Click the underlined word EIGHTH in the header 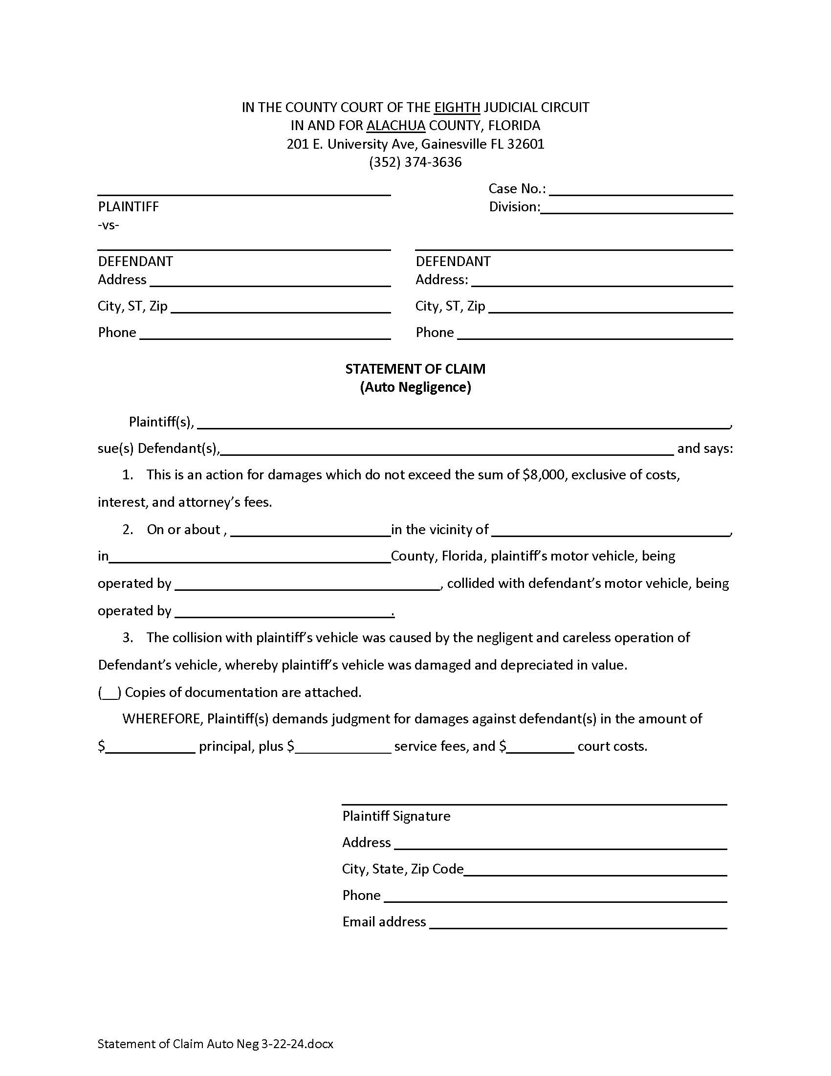point(457,108)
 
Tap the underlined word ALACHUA point(396,126)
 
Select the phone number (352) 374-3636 point(415,162)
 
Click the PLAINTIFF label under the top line point(129,206)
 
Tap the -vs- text point(109,225)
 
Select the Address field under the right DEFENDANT point(602,281)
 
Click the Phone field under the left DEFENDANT point(265,334)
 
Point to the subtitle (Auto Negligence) point(415,387)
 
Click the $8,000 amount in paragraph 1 point(544,475)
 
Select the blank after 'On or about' point(310,531)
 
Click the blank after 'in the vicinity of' point(611,531)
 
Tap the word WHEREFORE point(162,719)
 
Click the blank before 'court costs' point(541,747)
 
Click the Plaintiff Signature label point(396,816)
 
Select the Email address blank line point(578,923)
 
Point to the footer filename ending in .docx point(215,1044)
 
